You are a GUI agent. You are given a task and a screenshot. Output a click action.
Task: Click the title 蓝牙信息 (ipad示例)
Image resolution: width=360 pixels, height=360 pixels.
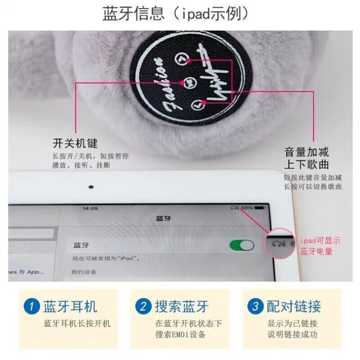coord(175,14)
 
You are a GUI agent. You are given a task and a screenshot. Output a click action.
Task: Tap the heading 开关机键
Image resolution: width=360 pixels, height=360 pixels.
coord(75,144)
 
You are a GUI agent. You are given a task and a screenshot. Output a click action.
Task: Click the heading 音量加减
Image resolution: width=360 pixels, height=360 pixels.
coord(306,152)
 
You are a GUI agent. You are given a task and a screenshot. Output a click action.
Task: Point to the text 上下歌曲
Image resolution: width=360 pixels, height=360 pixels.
coord(306,164)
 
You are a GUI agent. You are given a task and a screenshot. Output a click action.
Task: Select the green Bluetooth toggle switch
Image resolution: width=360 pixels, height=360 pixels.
coord(242,245)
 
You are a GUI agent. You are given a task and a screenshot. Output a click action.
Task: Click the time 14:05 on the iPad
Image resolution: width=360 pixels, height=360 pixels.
coord(90,208)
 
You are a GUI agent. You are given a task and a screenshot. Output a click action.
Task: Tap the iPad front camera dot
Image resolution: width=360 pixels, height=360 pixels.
coord(91,187)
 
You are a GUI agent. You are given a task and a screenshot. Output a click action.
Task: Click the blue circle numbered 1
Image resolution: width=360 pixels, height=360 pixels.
coord(31,307)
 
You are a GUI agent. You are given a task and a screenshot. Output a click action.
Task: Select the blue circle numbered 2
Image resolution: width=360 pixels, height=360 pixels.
coord(143,307)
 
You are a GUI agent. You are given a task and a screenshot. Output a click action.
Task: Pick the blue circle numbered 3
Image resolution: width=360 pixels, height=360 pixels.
coord(255,307)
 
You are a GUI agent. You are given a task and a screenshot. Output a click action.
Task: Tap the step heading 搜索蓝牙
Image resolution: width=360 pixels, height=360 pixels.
coord(182,307)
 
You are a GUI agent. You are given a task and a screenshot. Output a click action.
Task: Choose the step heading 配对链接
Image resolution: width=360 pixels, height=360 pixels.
coord(294,307)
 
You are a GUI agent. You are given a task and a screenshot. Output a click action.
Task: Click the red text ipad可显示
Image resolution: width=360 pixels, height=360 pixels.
coord(320,241)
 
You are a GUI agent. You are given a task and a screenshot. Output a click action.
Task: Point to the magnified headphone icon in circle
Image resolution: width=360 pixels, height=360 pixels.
coord(276,243)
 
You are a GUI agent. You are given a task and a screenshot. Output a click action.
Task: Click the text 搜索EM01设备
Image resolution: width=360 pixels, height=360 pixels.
coord(180,334)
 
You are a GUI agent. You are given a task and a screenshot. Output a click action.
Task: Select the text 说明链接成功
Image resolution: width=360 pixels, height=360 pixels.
coord(292,334)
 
